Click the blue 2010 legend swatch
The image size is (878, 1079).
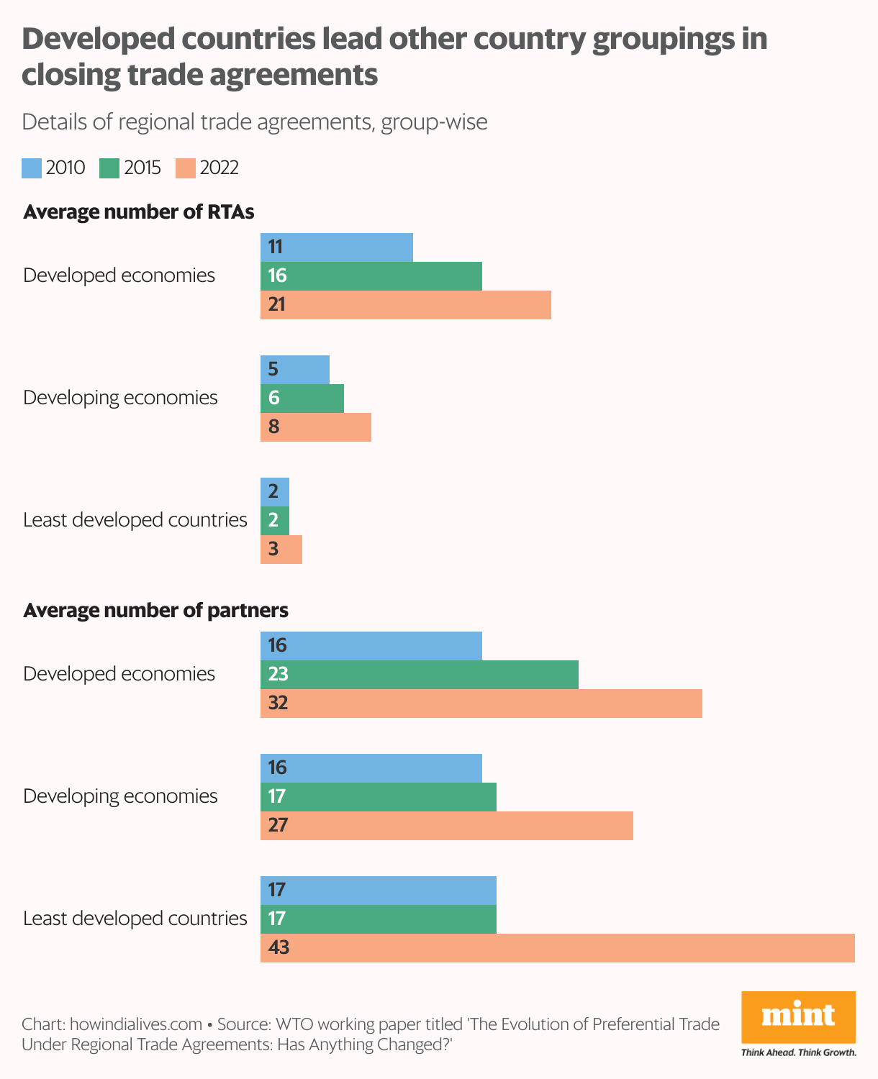pos(32,168)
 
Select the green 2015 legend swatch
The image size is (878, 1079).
pos(109,168)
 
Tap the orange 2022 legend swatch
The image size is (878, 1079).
pos(186,168)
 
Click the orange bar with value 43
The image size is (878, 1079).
pos(557,947)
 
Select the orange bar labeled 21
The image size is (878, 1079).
pos(405,304)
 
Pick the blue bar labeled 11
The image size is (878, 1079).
pos(336,247)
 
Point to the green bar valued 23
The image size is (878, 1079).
pos(419,674)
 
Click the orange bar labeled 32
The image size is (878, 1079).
pos(481,703)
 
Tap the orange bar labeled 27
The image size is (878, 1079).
pos(446,825)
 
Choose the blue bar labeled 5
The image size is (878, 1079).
pos(294,369)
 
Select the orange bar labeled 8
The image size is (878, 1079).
pos(315,427)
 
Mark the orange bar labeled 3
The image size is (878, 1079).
pos(281,549)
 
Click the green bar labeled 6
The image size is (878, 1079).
pos(302,398)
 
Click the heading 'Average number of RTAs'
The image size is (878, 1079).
pos(139,212)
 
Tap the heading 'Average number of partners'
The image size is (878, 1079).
pos(155,611)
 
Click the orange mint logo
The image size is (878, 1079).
pos(798,1016)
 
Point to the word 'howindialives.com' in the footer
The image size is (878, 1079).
pos(136,1024)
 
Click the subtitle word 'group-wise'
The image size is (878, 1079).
pos(434,122)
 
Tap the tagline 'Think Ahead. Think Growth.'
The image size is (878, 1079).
pos(798,1052)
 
